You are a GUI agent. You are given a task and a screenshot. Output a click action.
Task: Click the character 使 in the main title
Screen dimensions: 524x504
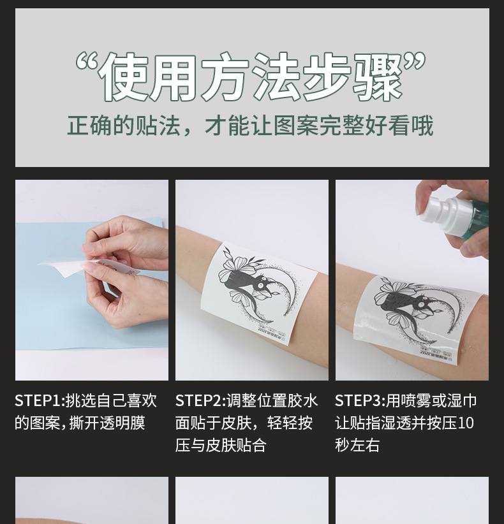coord(126,76)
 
